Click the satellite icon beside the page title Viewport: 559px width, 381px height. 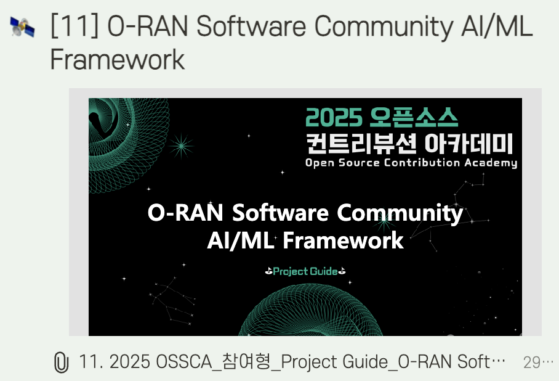point(22,27)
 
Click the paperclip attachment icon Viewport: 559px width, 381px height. point(61,362)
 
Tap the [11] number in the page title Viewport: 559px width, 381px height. point(74,26)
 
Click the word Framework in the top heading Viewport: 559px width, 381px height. point(118,59)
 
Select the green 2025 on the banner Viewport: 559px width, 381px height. point(334,118)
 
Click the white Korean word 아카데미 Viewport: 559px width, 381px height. point(469,143)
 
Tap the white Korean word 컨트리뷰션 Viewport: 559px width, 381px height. point(361,143)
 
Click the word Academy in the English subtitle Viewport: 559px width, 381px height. point(491,163)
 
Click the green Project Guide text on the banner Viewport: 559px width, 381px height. point(305,271)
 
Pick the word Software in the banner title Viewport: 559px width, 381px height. point(280,213)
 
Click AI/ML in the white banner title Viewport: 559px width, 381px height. point(241,240)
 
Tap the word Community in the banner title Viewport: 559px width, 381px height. point(400,214)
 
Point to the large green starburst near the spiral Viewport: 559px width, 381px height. point(181,145)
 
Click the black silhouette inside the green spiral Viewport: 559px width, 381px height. point(103,121)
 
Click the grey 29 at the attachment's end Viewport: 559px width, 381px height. point(532,363)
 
